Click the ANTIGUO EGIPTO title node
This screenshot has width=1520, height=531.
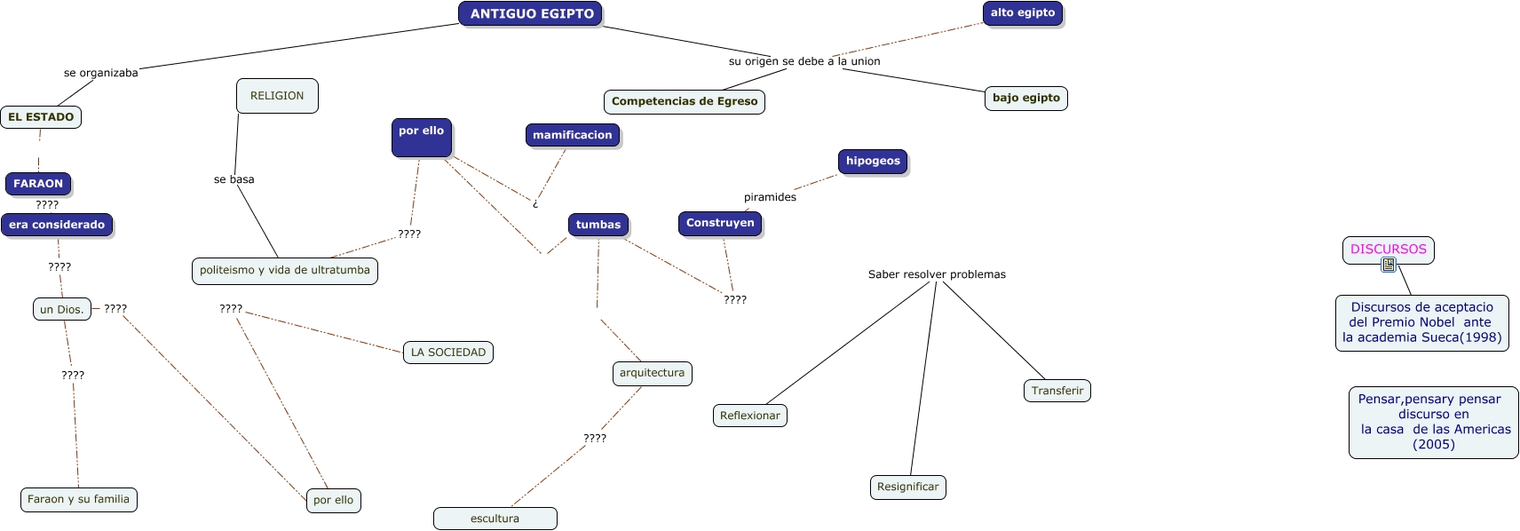pos(531,13)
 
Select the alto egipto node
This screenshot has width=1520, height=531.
pos(1022,13)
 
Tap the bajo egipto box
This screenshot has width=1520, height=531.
pos(1025,98)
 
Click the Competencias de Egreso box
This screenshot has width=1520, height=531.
pos(684,101)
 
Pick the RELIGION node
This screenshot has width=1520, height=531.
pos(277,96)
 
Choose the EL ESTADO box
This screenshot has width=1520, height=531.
pos(41,117)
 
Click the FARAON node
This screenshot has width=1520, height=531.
pos(38,184)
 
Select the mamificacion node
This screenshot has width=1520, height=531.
pos(572,135)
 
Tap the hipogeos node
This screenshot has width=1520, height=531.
pos(872,162)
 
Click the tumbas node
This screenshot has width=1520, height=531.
pos(598,225)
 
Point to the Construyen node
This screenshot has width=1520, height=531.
pos(719,223)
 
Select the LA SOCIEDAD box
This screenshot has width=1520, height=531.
pos(447,353)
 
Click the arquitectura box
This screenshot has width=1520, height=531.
pos(652,373)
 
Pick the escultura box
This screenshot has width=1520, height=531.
pos(495,519)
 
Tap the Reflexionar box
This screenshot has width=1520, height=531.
pos(749,416)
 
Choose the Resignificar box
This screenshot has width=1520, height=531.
pos(907,487)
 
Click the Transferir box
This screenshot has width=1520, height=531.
pos(1057,391)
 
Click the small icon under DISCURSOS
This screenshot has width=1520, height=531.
pos(1389,265)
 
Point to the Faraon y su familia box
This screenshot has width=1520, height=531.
pos(78,499)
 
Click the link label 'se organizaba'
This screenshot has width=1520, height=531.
pos(100,73)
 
